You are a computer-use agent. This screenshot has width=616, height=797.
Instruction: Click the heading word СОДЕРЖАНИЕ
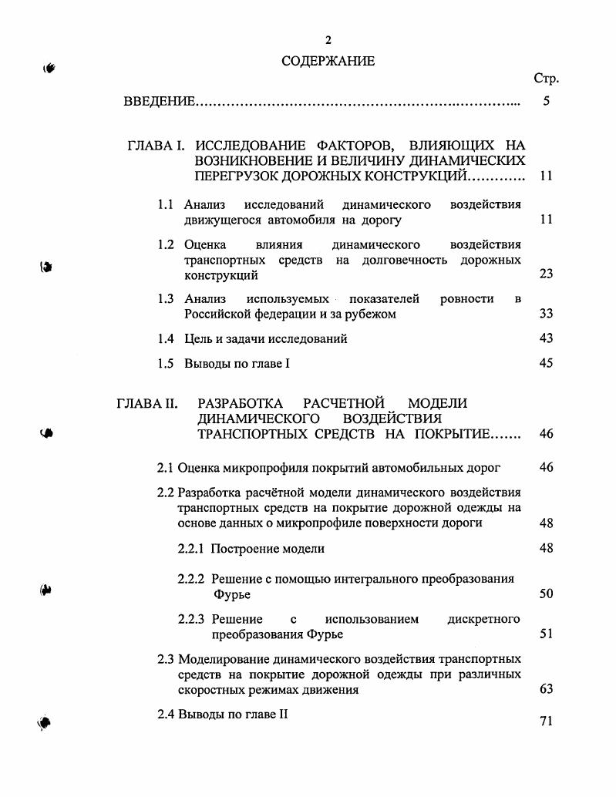pyautogui.click(x=328, y=61)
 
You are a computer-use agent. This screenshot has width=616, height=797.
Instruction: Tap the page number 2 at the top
pyautogui.click(x=328, y=40)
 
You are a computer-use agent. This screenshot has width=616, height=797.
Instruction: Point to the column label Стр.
pyautogui.click(x=546, y=79)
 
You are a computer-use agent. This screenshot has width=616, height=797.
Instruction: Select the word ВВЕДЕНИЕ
pyautogui.click(x=160, y=101)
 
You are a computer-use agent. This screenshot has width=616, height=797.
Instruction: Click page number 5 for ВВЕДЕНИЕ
pyautogui.click(x=546, y=100)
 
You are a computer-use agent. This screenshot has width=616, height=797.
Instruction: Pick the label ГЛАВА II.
pyautogui.click(x=147, y=403)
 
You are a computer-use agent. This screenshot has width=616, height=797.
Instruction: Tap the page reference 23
pyautogui.click(x=546, y=274)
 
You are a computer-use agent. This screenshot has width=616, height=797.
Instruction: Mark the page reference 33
pyautogui.click(x=546, y=314)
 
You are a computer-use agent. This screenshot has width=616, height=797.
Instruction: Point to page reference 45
pyautogui.click(x=546, y=363)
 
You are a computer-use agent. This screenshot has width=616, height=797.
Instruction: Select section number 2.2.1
pyautogui.click(x=191, y=549)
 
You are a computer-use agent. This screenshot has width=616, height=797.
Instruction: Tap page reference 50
pyautogui.click(x=546, y=594)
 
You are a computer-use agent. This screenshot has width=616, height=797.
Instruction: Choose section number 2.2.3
pyautogui.click(x=191, y=619)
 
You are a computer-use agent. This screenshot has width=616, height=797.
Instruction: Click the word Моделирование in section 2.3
pyautogui.click(x=224, y=659)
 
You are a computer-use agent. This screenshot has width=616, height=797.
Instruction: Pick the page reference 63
pyautogui.click(x=546, y=689)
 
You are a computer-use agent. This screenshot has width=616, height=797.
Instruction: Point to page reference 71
pyautogui.click(x=546, y=722)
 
